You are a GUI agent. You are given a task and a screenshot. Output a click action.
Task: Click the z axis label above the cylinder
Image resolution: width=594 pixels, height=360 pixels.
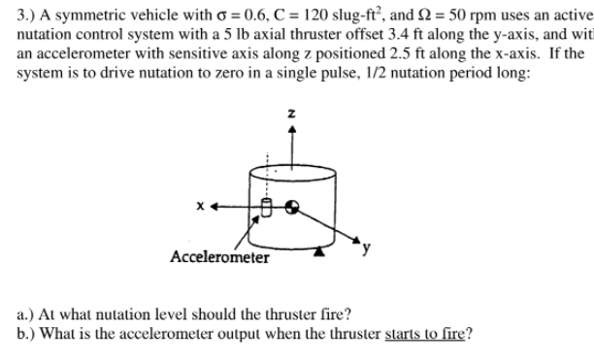[291, 115]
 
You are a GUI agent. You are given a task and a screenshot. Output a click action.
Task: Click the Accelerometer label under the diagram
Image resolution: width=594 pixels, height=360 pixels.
[219, 257]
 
